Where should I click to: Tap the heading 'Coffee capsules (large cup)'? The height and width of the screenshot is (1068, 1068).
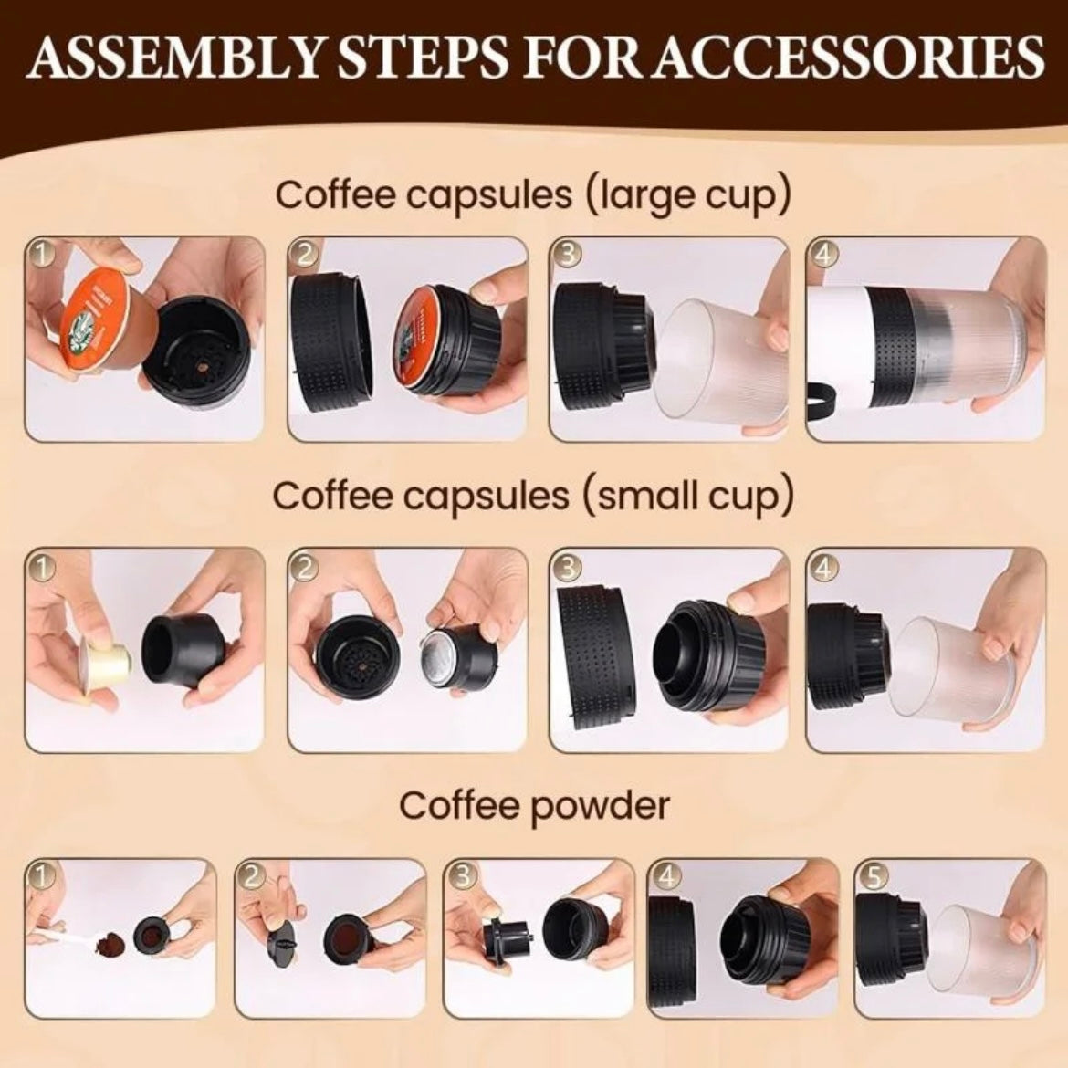coord(533,194)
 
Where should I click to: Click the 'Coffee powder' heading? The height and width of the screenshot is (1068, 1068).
coord(534,805)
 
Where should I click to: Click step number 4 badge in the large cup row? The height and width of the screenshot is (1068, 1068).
coord(822,255)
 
